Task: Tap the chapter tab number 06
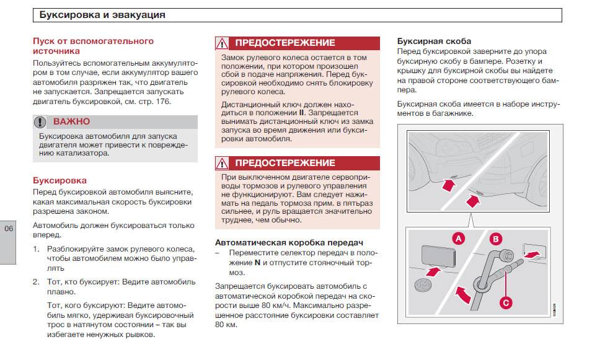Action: point(9,229)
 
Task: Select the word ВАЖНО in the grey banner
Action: point(71,121)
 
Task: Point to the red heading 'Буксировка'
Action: point(60,180)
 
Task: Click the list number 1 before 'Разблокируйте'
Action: point(35,248)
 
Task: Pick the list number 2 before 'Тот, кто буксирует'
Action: point(35,281)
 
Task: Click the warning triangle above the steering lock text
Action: point(222,43)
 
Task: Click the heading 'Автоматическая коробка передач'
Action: point(288,242)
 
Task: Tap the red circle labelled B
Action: point(496,239)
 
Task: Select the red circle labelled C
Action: point(506,302)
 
